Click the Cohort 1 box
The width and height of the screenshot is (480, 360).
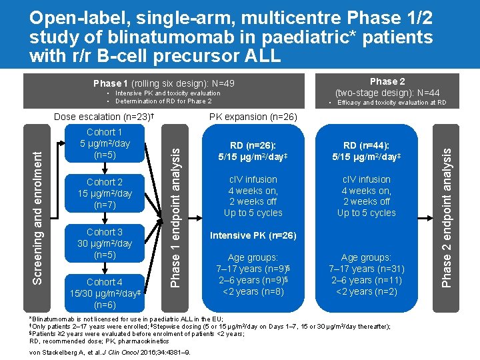(x=105, y=143)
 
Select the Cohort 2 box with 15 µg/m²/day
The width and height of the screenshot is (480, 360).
(x=105, y=193)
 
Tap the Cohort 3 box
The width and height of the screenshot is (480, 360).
(x=105, y=243)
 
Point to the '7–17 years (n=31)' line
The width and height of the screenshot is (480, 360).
(x=366, y=269)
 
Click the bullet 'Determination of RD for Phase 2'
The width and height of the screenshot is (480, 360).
(x=163, y=101)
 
